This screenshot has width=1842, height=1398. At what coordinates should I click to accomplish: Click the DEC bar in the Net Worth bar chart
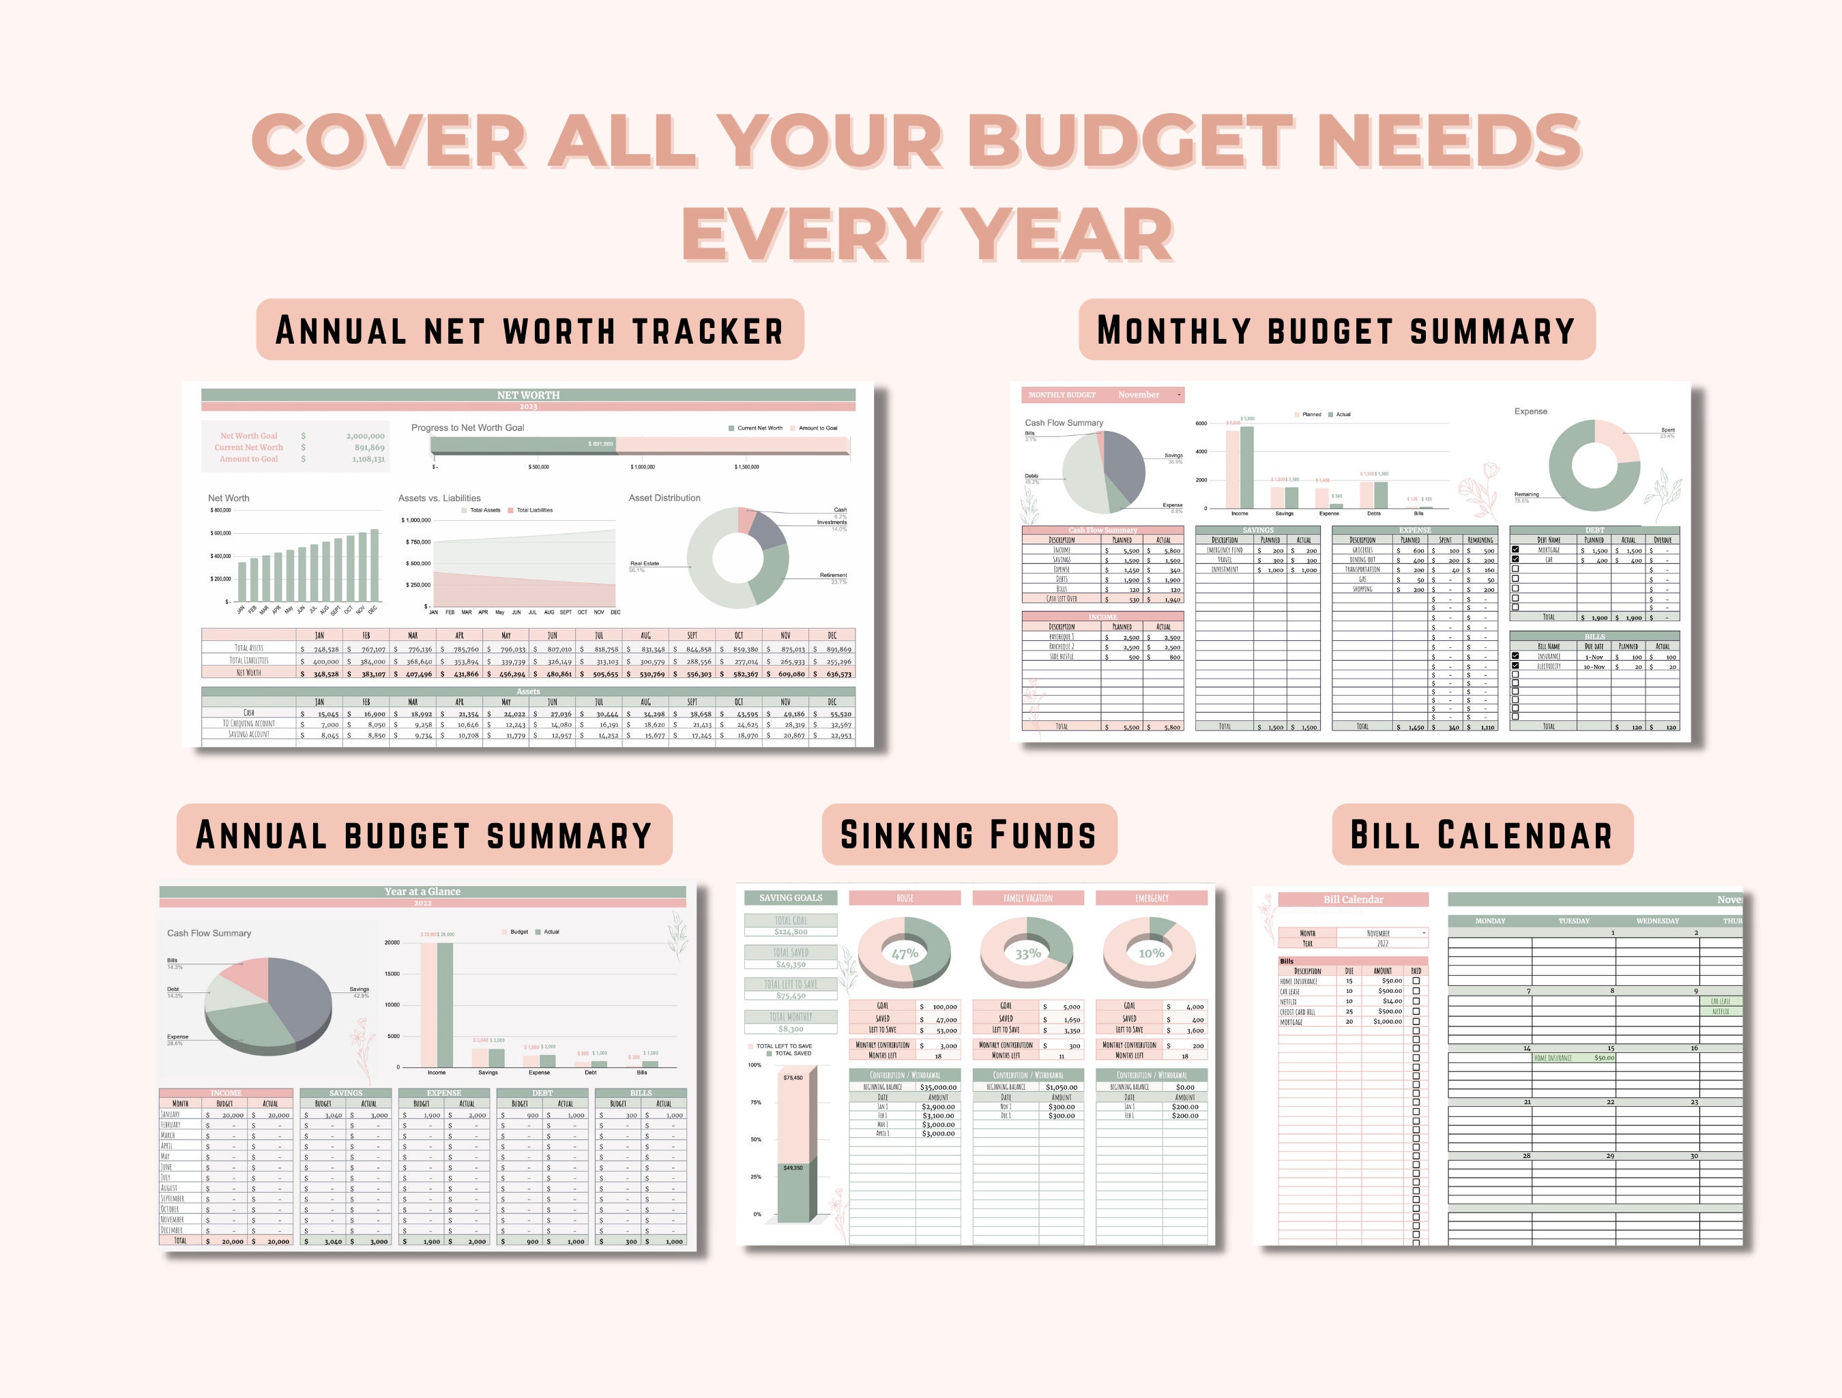point(374,565)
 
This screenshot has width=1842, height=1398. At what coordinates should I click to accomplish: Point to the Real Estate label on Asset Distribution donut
point(645,564)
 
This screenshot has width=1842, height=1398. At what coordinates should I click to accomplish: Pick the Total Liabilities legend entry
point(533,510)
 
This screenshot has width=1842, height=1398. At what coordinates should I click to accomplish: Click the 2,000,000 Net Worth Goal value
point(365,436)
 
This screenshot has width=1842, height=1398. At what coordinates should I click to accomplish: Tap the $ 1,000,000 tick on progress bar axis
point(642,467)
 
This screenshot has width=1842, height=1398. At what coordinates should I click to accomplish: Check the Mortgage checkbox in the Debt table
point(1516,550)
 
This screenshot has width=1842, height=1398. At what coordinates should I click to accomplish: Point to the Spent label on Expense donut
point(1667,430)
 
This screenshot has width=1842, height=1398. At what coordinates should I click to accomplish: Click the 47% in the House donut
point(905,953)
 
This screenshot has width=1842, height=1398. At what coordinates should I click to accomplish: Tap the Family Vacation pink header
point(1027,897)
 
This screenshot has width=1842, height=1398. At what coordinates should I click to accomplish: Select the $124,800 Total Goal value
point(790,932)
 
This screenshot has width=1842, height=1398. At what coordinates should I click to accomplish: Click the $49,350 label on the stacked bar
point(793,1168)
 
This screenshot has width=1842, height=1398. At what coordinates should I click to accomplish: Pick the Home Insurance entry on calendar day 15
point(1553,1058)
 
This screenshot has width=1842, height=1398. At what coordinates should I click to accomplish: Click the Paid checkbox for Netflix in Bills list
point(1416,1002)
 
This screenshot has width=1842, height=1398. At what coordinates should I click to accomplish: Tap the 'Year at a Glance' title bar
point(422,891)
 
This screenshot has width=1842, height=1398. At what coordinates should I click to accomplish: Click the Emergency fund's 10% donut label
point(1151,953)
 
